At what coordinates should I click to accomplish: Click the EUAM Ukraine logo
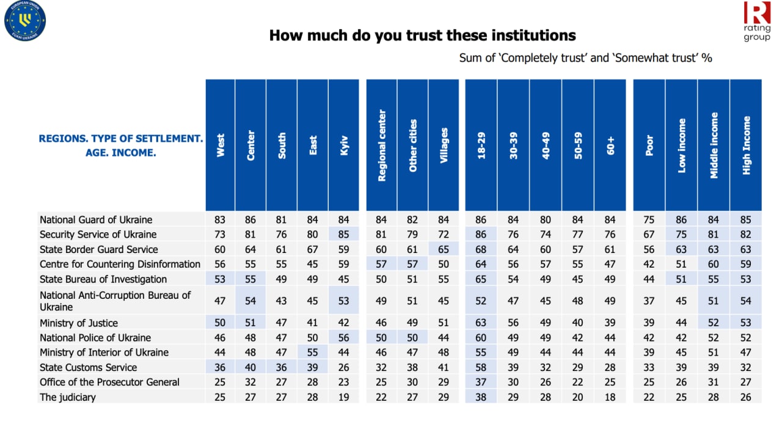(25, 21)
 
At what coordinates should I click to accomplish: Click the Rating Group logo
(757, 21)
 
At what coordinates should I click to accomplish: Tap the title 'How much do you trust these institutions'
(422, 35)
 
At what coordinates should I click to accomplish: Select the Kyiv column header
(343, 145)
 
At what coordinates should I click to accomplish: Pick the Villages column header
(444, 145)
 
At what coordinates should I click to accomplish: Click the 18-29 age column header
(481, 145)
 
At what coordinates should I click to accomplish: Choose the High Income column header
(746, 145)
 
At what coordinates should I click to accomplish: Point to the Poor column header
(649, 145)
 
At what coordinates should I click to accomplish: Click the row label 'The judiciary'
(68, 397)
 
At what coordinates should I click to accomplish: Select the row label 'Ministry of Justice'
(79, 323)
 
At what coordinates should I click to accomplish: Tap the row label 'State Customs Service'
(88, 367)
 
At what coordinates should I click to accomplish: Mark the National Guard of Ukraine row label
(96, 220)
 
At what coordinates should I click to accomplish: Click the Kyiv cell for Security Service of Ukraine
(344, 235)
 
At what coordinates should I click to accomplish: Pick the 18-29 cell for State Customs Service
(481, 367)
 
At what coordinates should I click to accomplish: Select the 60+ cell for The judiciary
(610, 397)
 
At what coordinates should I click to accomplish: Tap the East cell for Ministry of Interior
(313, 353)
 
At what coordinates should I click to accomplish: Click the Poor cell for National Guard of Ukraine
(649, 220)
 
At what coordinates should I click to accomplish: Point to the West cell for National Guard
(220, 220)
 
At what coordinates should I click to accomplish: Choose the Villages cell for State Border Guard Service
(444, 249)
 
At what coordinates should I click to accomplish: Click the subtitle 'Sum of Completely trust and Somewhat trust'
(585, 58)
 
